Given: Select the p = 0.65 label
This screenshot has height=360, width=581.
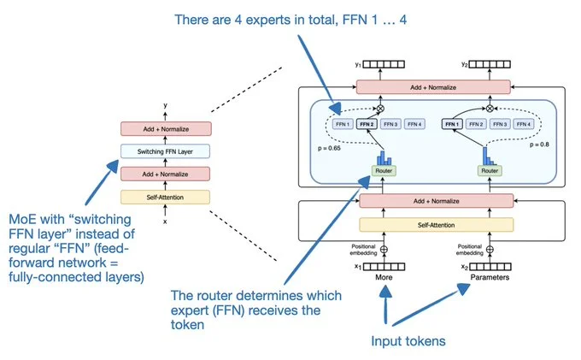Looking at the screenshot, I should (x=328, y=147).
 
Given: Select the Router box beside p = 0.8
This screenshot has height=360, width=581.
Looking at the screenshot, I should (x=489, y=170).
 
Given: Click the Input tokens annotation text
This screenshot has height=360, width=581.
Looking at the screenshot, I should (x=407, y=341).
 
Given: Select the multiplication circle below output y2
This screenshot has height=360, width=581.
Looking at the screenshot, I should (x=489, y=109).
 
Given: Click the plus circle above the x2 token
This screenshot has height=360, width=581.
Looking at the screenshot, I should (x=489, y=251).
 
